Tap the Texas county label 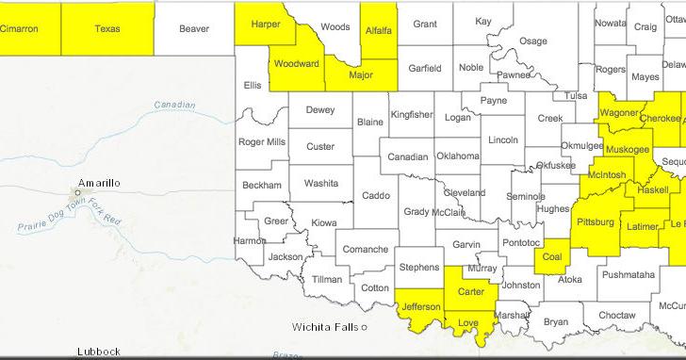click(107, 29)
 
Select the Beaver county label click(193, 29)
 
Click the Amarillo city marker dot click(79, 192)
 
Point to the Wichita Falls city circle click(364, 328)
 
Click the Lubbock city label click(99, 352)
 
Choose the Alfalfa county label click(378, 30)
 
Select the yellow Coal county click(551, 257)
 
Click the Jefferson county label click(421, 307)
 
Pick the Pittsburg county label click(594, 222)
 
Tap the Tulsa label click(576, 95)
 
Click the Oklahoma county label click(457, 155)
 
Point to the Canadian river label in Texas click(174, 105)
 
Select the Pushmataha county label click(628, 275)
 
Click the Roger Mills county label click(262, 142)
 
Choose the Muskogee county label click(628, 150)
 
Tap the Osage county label click(533, 41)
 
